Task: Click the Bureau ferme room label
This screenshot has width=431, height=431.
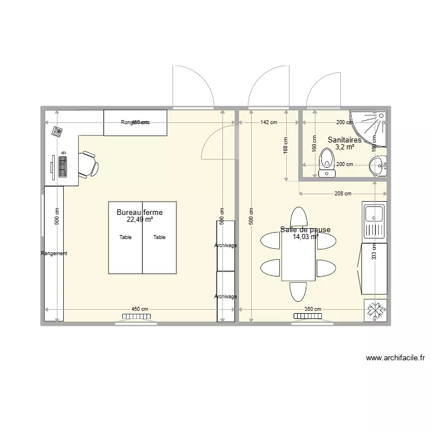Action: [140, 212]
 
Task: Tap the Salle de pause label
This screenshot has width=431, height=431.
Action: [305, 230]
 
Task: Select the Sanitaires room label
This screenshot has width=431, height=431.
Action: [344, 140]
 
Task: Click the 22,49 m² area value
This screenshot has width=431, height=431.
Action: [140, 220]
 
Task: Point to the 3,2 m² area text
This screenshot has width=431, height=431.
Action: [344, 147]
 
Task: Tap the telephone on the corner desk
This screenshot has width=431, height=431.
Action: [57, 132]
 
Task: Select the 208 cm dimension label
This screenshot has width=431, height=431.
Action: [344, 194]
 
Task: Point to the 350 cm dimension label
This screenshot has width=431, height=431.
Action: [313, 309]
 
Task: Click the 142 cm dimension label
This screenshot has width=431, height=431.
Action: [268, 122]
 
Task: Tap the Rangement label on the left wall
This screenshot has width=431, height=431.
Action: [54, 253]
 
